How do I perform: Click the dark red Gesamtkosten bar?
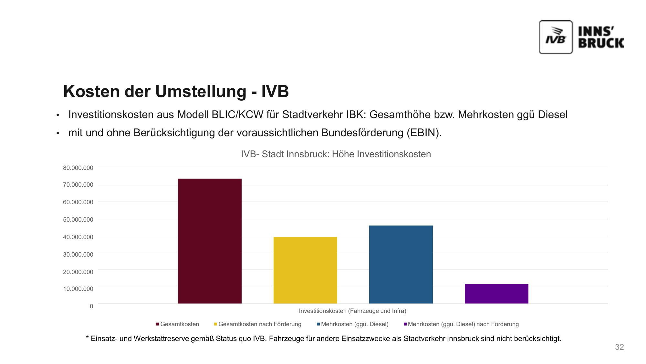(210, 241)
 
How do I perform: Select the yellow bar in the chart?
(305, 270)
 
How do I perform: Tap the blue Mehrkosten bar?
(401, 264)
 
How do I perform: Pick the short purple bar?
(496, 294)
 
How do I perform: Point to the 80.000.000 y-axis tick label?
(78, 168)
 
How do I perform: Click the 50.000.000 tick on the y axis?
(78, 220)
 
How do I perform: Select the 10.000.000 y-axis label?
(78, 289)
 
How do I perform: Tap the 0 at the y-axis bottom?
(91, 306)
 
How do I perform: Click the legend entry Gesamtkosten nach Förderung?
(260, 324)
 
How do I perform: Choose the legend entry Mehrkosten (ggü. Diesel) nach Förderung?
(463, 324)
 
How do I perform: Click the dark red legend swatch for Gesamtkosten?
(158, 324)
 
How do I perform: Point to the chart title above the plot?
(336, 154)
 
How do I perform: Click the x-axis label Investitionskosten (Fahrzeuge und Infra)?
(352, 311)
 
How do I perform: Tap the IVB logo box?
(556, 37)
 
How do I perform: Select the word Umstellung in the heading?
(201, 91)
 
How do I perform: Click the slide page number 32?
(619, 347)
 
